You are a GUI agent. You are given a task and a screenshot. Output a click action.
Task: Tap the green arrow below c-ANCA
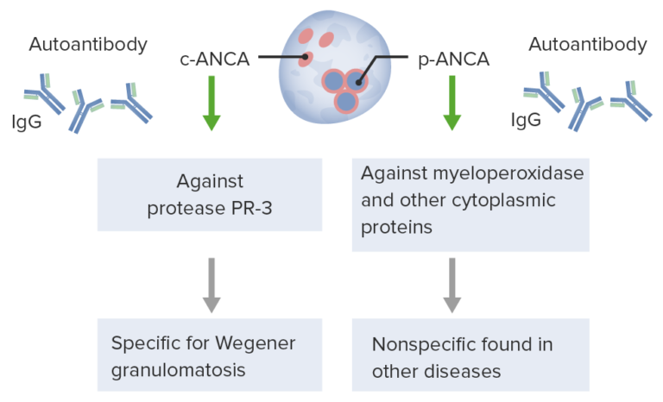point(210,103)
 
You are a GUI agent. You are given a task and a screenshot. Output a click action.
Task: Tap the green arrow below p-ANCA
point(451,103)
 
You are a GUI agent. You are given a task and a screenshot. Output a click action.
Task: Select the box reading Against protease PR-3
point(210,193)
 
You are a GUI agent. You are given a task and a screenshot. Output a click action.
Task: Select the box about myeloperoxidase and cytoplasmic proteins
point(470,204)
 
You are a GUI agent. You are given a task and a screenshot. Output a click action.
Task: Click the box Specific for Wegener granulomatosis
point(210,355)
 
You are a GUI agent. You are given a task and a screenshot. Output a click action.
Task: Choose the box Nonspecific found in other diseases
point(470,355)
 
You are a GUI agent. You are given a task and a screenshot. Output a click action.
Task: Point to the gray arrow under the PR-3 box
point(210,285)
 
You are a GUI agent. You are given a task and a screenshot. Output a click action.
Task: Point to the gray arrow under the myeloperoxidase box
point(451,285)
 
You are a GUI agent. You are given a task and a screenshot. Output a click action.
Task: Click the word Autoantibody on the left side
point(88,44)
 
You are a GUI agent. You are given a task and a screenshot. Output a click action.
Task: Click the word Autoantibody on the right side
point(588,44)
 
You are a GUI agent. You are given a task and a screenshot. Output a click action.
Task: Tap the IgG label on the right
point(526,119)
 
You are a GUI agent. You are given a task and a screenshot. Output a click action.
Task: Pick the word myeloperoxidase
point(510,173)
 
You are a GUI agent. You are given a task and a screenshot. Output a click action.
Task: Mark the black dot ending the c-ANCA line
point(304,60)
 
